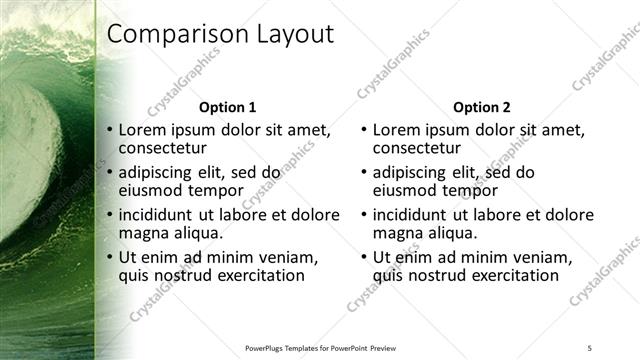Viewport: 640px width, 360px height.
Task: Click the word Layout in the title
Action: pos(290,34)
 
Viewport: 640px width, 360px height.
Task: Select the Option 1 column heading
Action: pos(227,107)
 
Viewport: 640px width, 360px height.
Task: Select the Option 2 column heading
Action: pos(481,107)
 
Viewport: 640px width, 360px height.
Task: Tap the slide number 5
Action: pos(590,347)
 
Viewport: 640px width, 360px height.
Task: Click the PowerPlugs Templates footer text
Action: pos(320,347)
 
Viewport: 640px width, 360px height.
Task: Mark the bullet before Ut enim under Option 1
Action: pos(110,258)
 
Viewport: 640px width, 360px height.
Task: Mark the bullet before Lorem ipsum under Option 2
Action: pos(364,130)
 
